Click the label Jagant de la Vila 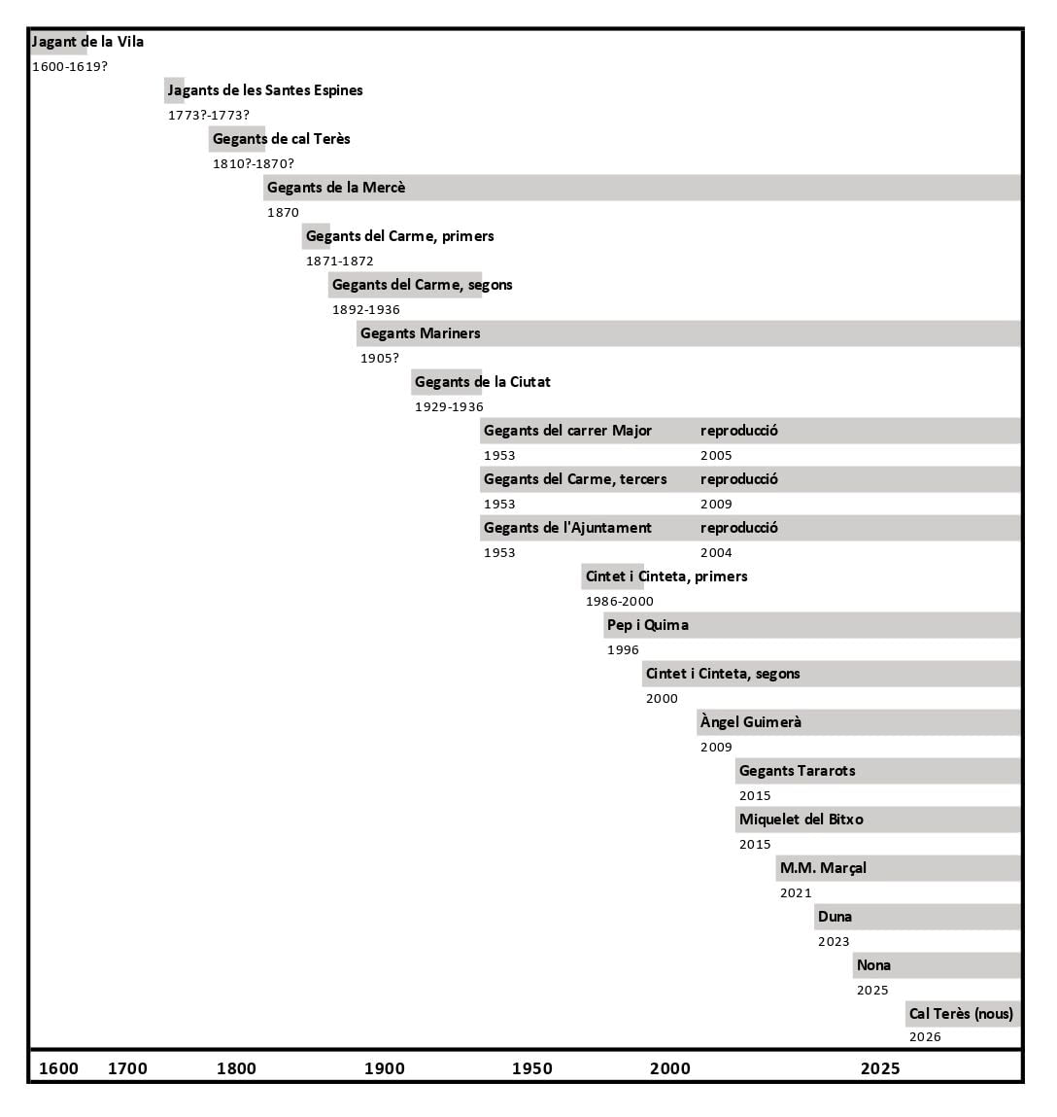(87, 42)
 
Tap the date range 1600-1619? (69, 67)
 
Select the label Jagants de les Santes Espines (265, 90)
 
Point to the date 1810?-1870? (253, 164)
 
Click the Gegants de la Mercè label (336, 188)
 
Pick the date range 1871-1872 (339, 262)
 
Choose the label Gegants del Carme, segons (422, 285)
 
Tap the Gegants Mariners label (420, 333)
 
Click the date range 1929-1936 (449, 407)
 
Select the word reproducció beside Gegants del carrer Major (738, 431)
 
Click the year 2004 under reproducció (716, 553)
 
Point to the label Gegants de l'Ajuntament (567, 528)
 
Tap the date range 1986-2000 (619, 602)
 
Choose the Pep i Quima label (647, 625)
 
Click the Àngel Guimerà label (750, 722)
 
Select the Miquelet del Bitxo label (801, 820)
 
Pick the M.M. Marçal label (823, 868)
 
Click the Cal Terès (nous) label (961, 1014)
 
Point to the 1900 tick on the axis (384, 1068)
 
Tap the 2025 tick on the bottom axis (879, 1068)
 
